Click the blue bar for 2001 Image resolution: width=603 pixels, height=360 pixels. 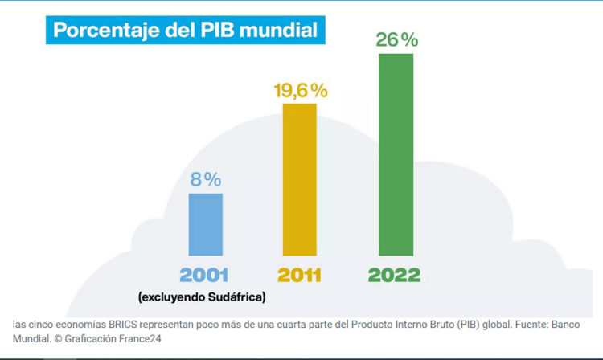205,224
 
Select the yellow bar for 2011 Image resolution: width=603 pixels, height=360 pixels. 298,179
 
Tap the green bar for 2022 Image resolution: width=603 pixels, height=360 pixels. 395,154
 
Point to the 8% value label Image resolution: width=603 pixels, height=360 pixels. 205,179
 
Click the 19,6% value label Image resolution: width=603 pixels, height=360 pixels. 298,90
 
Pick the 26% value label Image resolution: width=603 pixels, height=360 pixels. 396,39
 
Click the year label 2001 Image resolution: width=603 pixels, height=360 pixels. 204,275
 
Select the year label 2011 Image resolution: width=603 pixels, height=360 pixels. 298,275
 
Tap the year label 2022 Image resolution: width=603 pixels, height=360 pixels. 394,275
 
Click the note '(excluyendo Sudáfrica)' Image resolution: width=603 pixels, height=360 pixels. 202,297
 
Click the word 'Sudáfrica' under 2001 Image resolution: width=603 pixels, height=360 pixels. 236,297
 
